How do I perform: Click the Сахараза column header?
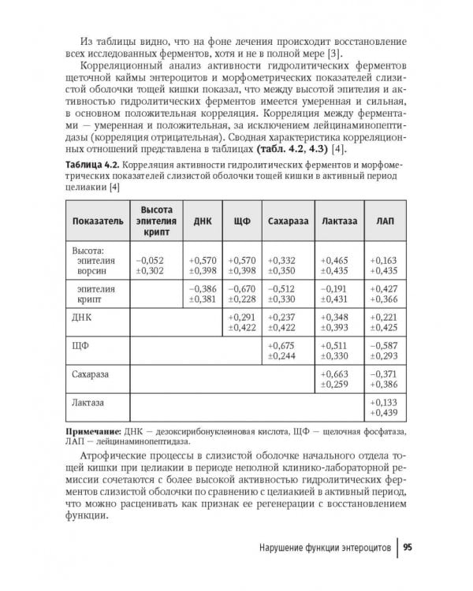tap(287, 221)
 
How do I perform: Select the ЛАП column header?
tap(386, 221)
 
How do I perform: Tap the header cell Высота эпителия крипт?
tap(156, 221)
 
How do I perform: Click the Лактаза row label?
tap(88, 403)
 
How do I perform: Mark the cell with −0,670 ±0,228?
tap(242, 294)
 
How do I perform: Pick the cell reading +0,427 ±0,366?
tap(386, 294)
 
